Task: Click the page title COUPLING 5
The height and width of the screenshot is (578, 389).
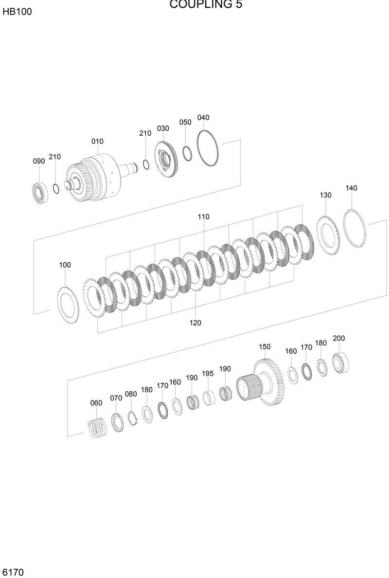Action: [206, 5]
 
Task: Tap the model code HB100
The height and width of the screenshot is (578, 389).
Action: [17, 12]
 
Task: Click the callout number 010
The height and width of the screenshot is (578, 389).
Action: [97, 142]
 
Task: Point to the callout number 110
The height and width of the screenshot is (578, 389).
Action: [203, 217]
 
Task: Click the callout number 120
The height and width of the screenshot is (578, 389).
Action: [195, 323]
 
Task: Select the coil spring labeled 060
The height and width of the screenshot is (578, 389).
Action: [97, 428]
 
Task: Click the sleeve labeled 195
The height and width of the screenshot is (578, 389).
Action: [209, 398]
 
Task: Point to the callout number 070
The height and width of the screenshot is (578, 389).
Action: [116, 398]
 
